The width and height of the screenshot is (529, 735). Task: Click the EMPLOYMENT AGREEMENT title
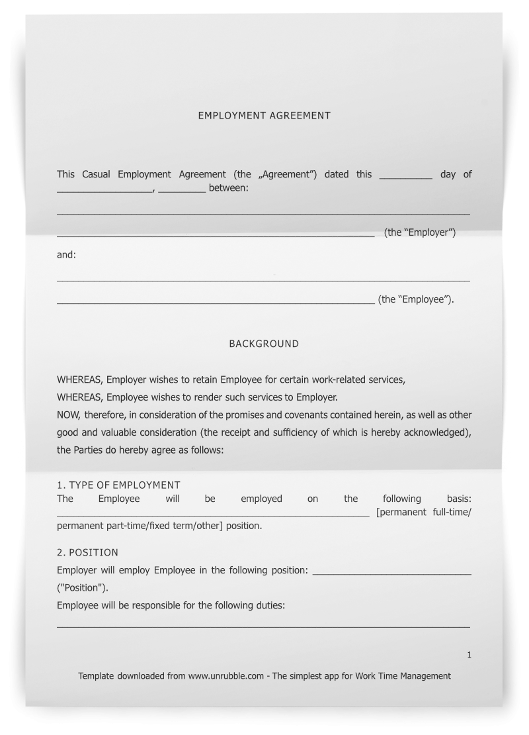(x=264, y=115)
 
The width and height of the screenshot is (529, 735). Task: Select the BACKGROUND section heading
(x=264, y=344)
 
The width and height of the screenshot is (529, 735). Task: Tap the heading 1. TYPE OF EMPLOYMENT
(x=118, y=485)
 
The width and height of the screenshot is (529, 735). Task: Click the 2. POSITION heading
(x=87, y=552)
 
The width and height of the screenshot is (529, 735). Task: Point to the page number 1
(x=469, y=655)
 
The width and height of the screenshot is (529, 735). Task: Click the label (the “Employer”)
(x=420, y=232)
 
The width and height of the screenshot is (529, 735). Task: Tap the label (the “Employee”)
(x=416, y=299)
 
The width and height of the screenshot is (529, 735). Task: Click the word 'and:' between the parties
(x=66, y=254)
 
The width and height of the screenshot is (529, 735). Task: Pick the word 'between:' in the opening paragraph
(x=229, y=188)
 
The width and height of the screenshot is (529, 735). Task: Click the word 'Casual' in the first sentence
(x=96, y=174)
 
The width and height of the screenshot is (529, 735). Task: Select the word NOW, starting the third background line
(x=69, y=415)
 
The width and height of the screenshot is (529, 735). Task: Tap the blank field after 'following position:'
(x=391, y=571)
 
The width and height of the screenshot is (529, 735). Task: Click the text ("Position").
(x=83, y=587)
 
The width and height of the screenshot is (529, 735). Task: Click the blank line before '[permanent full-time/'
(x=213, y=513)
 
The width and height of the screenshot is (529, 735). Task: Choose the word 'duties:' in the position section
(x=270, y=605)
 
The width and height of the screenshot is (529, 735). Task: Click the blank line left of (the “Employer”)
(x=216, y=234)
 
